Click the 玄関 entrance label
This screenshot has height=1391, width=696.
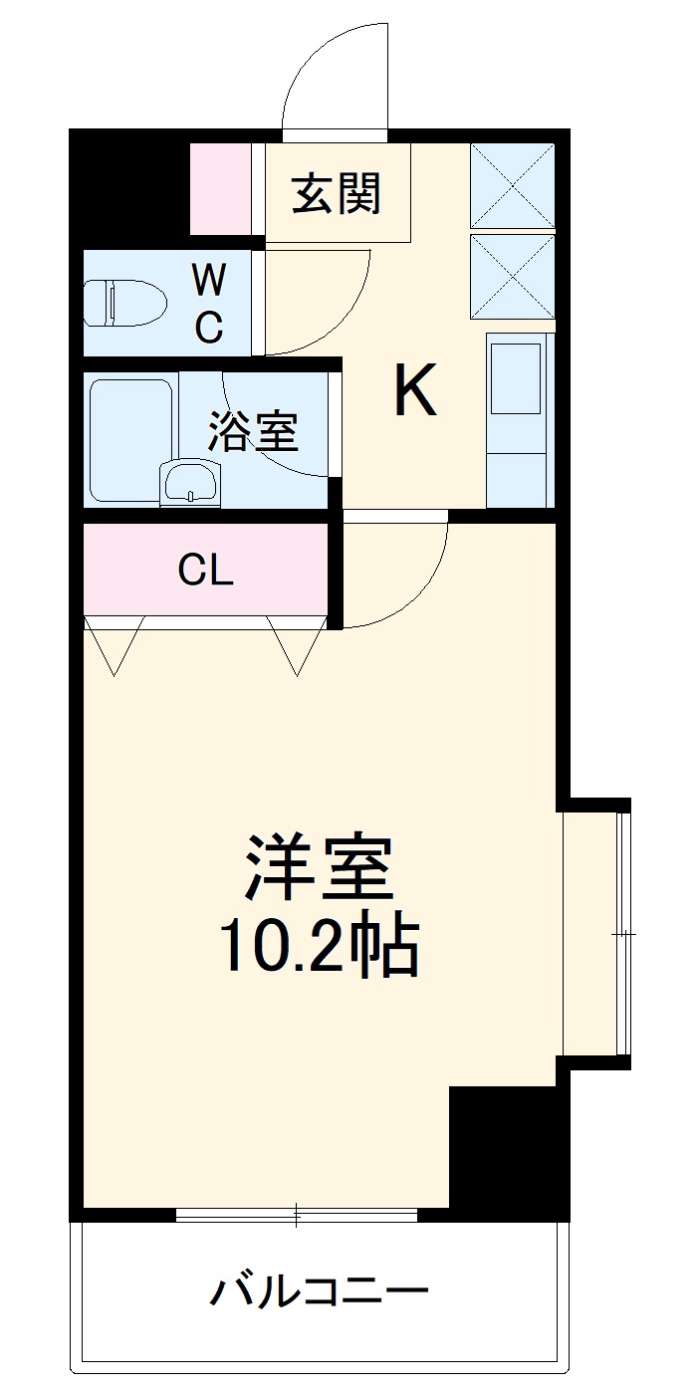[337, 193]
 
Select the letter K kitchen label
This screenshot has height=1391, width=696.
[414, 391]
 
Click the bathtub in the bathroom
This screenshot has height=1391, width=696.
[132, 438]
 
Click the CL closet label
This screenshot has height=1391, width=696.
[205, 571]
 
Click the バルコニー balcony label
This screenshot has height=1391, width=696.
[319, 1292]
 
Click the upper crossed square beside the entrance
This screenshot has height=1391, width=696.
[512, 186]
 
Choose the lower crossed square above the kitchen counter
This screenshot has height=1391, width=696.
[512, 276]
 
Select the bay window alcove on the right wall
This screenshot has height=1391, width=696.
[591, 933]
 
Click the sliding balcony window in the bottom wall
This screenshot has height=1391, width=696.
[297, 1215]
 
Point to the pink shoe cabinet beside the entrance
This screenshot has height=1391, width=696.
[220, 189]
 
